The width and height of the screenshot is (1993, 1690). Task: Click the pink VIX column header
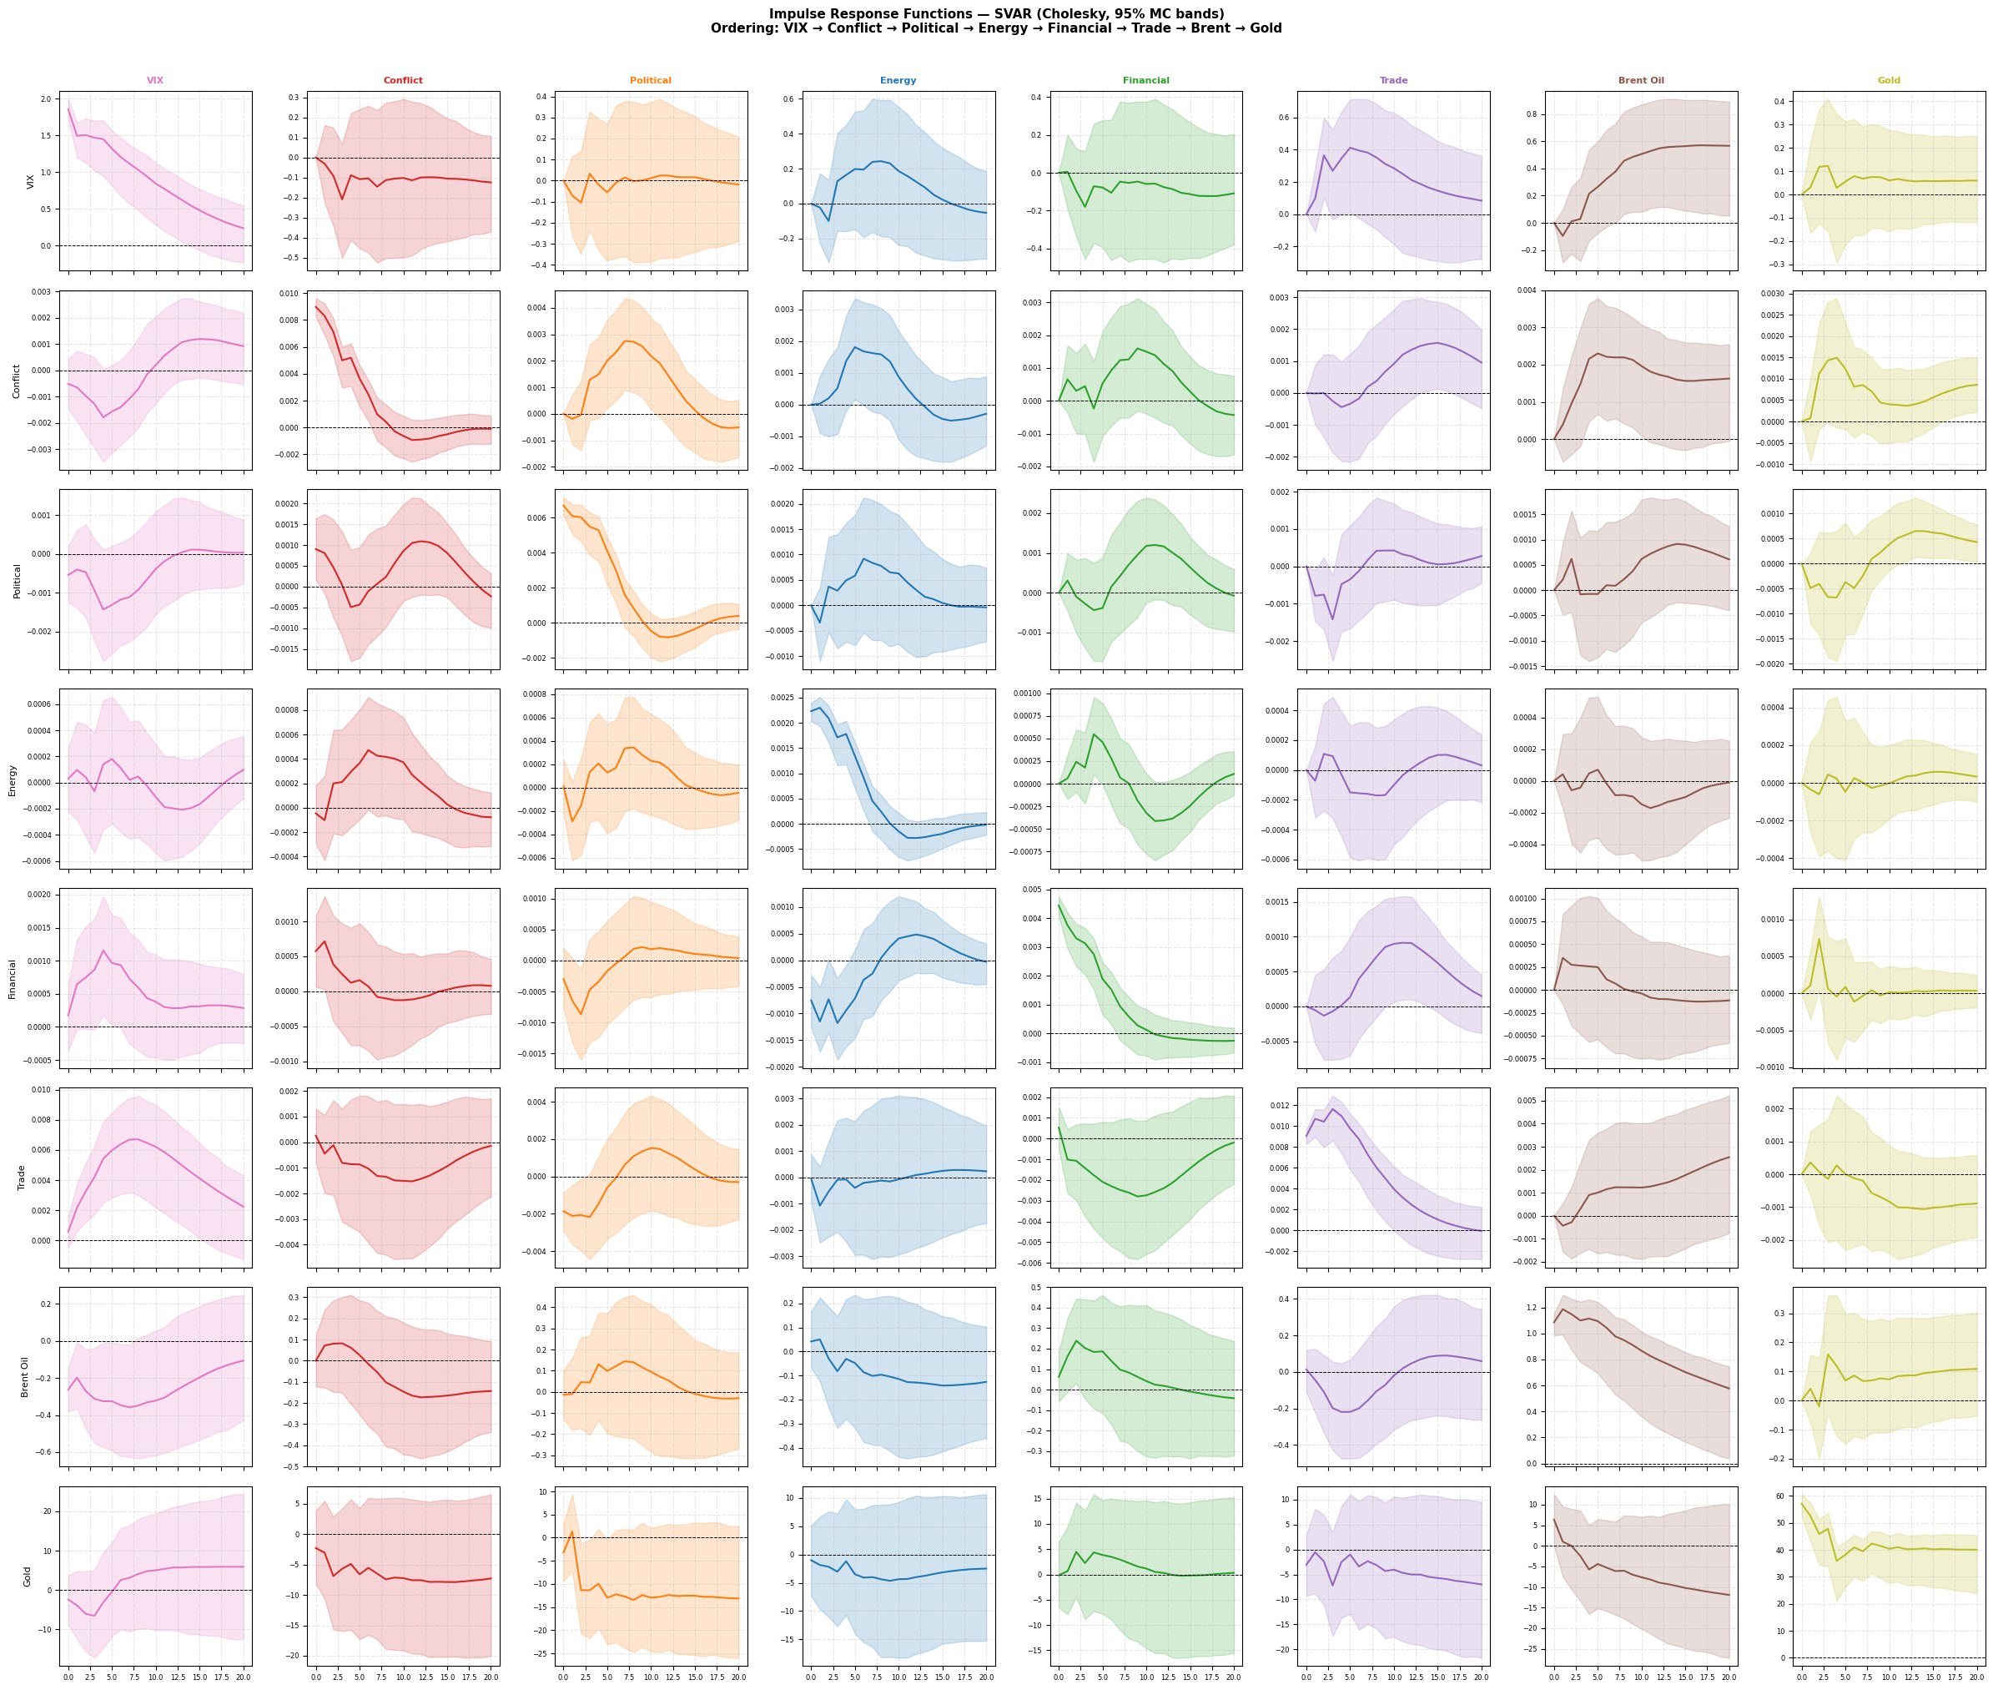[x=155, y=80]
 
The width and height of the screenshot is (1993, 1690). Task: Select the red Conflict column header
[x=402, y=80]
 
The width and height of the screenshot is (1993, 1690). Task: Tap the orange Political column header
[x=650, y=80]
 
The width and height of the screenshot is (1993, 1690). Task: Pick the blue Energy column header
[x=898, y=80]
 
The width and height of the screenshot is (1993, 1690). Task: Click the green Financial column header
[x=1145, y=80]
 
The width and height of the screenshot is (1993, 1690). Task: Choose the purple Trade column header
[x=1393, y=80]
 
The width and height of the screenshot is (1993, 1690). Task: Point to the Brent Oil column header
[x=1641, y=80]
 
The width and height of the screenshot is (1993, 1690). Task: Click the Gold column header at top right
[x=1889, y=80]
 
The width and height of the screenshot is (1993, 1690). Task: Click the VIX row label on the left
[x=31, y=181]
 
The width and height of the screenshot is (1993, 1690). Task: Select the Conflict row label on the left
[x=17, y=381]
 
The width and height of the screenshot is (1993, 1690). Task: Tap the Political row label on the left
[x=17, y=581]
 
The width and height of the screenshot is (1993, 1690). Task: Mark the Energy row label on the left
[x=13, y=779]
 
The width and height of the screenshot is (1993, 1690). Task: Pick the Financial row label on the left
[x=13, y=979]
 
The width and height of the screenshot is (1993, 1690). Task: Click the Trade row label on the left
[x=21, y=1178]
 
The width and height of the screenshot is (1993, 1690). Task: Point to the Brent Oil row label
[x=25, y=1377]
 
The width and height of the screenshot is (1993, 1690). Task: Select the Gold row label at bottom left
[x=27, y=1576]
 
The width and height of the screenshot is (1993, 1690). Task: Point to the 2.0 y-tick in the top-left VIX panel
[x=46, y=99]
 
